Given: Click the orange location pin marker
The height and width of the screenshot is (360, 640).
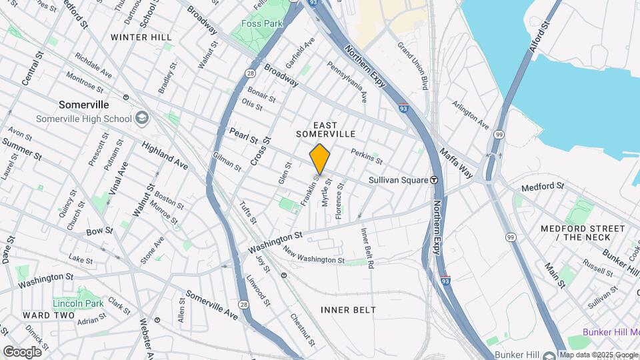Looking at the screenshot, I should (x=320, y=159).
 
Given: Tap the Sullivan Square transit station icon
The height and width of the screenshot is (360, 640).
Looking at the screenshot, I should (x=433, y=179).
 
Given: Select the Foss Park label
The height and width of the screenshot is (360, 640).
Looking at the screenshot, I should (x=262, y=23).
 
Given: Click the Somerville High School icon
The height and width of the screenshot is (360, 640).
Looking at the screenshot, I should (x=141, y=119).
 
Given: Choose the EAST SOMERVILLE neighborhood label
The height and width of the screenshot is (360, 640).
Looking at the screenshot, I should (x=325, y=129).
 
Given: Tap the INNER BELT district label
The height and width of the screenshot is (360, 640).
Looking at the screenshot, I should (x=348, y=310).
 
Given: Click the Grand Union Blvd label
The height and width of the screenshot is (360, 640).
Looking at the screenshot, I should (x=413, y=66).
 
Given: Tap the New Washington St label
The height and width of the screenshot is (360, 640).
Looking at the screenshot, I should (x=313, y=255).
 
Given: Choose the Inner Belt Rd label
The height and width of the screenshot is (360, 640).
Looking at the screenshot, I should (x=367, y=248).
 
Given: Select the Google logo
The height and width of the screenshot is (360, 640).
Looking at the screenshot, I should (x=22, y=352).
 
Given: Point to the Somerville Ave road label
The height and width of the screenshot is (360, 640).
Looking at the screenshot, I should (x=211, y=304).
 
